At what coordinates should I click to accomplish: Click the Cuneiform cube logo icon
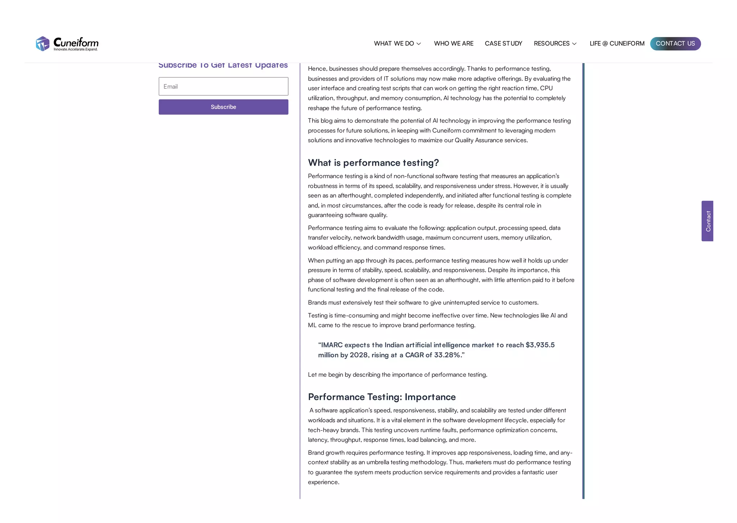[42, 44]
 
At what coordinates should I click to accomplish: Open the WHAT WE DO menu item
[394, 43]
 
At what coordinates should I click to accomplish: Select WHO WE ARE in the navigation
[453, 43]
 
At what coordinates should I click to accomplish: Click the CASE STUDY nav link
[503, 43]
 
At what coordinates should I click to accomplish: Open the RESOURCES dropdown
[551, 43]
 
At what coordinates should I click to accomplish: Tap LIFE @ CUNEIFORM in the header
[617, 43]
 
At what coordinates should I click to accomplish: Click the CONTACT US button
[675, 43]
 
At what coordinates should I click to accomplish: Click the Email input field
[223, 86]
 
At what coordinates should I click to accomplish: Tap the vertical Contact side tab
[707, 221]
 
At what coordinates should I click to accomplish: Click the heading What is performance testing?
[373, 163]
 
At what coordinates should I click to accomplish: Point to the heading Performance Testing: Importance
[381, 397]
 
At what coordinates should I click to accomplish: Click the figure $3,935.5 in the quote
[540, 345]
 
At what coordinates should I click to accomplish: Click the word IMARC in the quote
[331, 345]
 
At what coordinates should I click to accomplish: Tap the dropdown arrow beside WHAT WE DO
[419, 44]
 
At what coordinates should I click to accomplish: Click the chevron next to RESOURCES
[574, 44]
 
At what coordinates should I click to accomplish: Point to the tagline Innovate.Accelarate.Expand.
[76, 49]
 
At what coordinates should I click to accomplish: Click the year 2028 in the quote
[359, 355]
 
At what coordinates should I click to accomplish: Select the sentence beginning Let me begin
[397, 375]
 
